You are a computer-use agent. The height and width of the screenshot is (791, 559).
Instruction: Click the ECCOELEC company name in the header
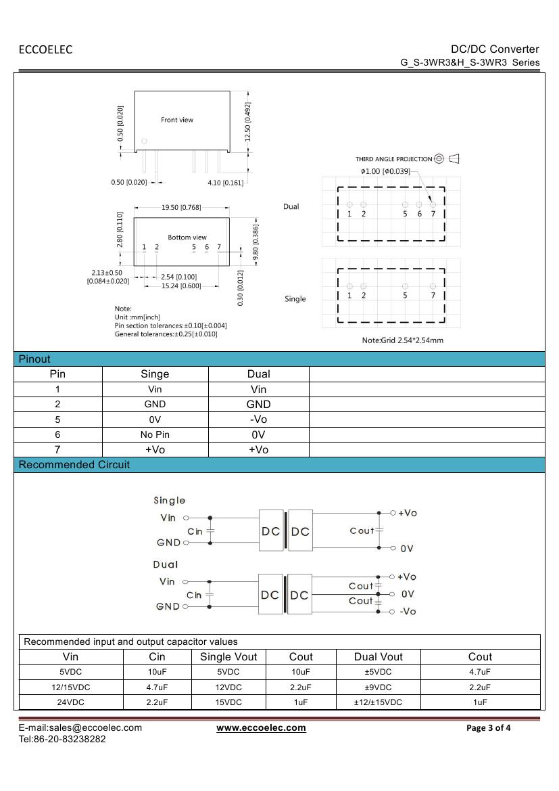pos(45,49)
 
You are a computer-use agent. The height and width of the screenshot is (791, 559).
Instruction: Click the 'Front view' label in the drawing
pos(177,120)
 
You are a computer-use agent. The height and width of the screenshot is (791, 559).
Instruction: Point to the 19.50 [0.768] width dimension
pos(181,208)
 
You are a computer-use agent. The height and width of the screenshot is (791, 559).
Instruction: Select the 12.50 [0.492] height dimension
pos(248,122)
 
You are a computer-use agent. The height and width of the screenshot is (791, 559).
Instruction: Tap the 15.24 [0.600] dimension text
pos(181,286)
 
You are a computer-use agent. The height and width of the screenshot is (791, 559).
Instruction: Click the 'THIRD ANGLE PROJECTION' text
pos(393,159)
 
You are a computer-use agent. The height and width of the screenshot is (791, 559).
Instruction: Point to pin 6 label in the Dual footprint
pos(419,214)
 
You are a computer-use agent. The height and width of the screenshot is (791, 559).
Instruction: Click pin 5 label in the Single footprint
pos(405,295)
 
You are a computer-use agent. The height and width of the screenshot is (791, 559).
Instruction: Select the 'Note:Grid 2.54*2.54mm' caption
pos(403,340)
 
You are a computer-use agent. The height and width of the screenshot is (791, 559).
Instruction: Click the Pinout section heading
pos(34,359)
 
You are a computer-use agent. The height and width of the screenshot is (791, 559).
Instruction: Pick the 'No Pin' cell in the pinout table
pos(155,435)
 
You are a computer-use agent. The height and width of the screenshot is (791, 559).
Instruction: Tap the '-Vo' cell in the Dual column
pos(258,420)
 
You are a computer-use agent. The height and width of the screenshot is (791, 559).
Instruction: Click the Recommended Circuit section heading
pos(74,465)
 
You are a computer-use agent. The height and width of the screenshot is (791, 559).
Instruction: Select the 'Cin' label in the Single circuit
pos(195,532)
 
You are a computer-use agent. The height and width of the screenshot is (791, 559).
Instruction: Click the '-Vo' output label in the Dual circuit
pos(408,611)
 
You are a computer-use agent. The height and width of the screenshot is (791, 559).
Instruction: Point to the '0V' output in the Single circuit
pos(406,549)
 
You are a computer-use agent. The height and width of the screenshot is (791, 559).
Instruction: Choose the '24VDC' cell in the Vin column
pos(70,702)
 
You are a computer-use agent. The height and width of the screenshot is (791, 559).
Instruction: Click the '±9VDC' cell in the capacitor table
pos(378,687)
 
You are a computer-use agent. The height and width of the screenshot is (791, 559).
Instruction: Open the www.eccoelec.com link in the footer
pos(261,727)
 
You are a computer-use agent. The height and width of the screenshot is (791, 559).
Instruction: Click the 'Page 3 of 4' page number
pos(489,728)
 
